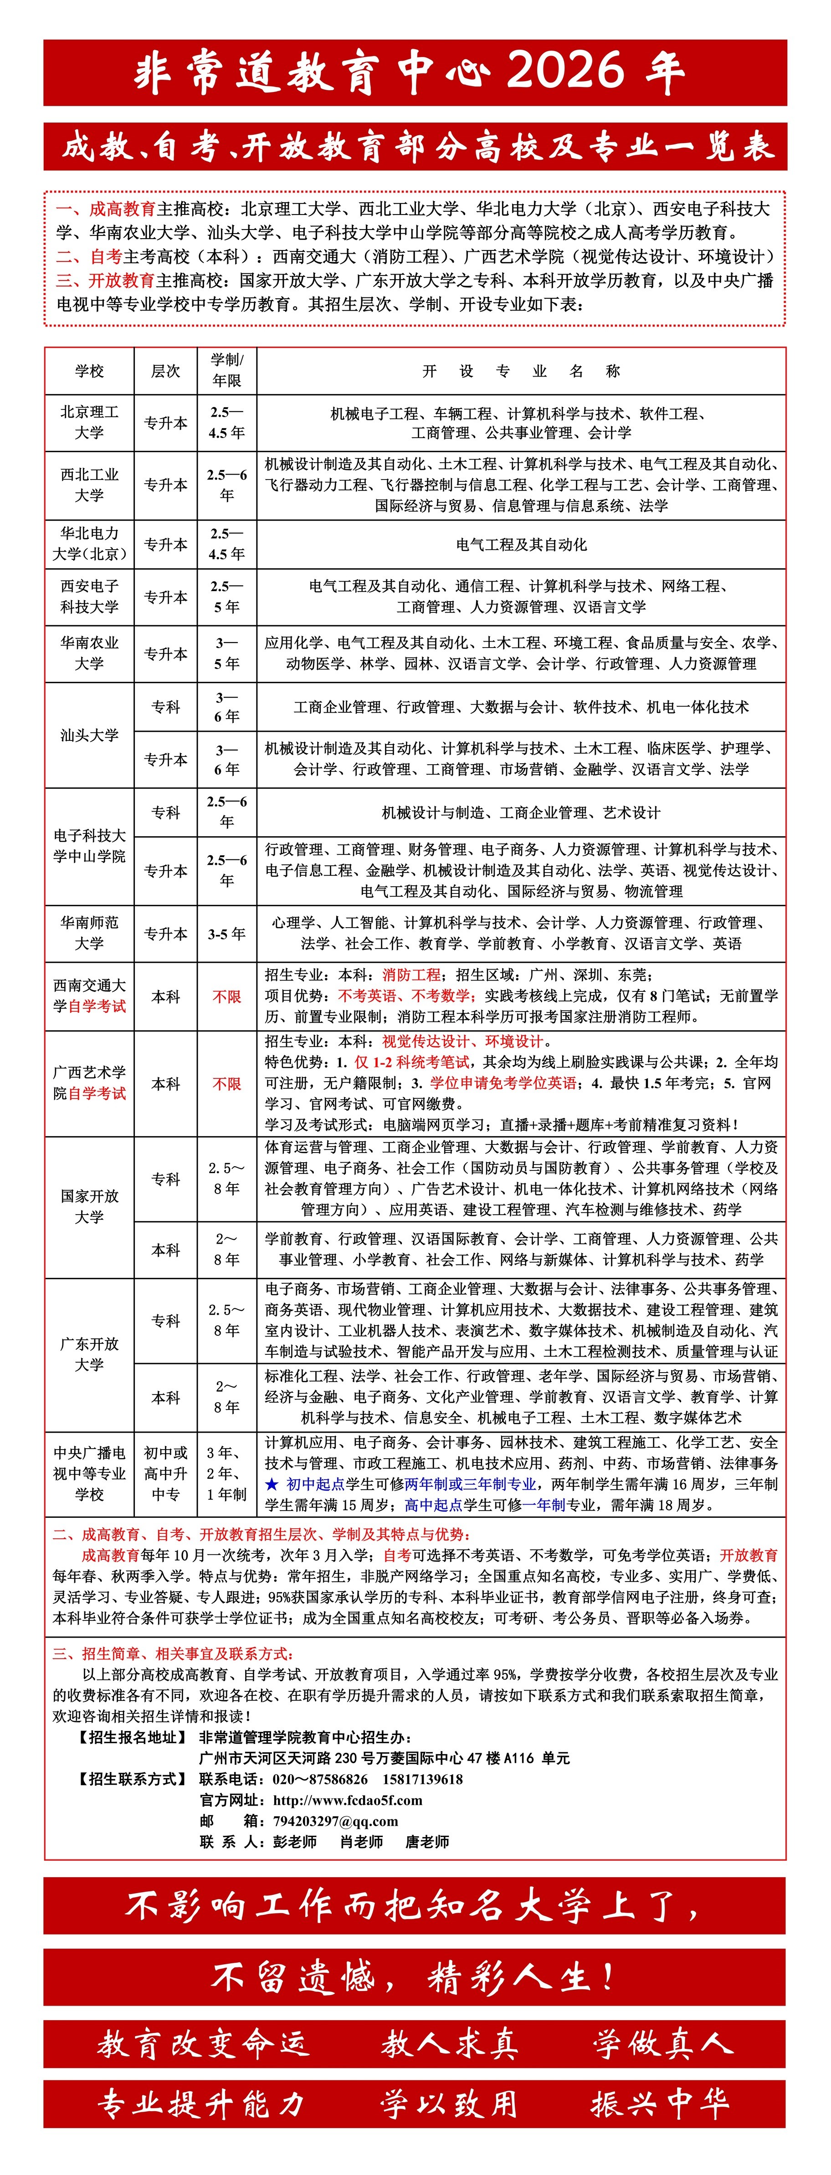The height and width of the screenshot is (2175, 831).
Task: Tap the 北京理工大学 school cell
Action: click(89, 422)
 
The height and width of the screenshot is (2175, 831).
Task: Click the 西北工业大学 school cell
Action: click(89, 485)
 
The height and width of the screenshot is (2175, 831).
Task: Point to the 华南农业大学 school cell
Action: click(89, 653)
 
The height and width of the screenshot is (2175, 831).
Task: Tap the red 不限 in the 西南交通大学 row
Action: click(226, 996)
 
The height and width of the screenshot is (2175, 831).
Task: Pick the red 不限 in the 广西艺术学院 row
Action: click(226, 1083)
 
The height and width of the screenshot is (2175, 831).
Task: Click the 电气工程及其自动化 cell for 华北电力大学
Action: click(521, 545)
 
